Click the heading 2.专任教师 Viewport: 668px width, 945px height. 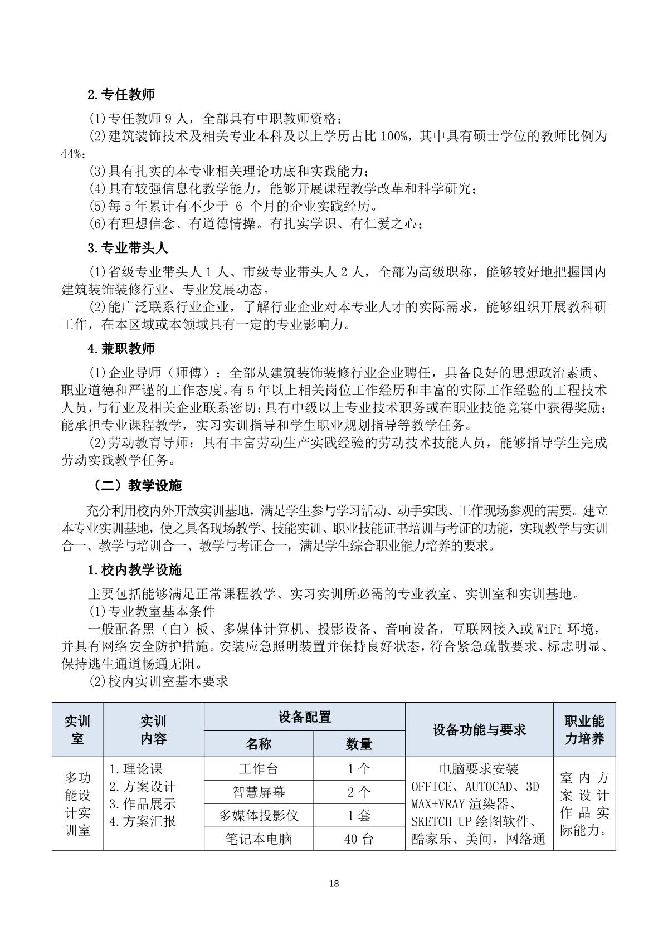point(121,95)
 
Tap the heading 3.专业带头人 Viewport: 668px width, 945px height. point(128,247)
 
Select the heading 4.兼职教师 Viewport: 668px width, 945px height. point(121,349)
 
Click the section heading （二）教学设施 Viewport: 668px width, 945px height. point(137,486)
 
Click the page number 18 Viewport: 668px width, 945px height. point(334,883)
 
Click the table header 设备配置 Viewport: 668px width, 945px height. point(304,717)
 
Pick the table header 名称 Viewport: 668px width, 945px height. point(259,744)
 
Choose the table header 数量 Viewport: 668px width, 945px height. point(359,744)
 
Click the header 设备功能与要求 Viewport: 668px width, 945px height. point(479,729)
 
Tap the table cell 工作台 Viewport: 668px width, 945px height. point(259,769)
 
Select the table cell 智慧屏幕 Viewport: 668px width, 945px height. point(259,792)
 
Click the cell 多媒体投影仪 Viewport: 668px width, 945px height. point(259,816)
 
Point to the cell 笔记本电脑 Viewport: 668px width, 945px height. point(259,839)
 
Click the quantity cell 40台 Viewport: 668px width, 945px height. point(359,839)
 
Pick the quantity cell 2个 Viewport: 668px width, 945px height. point(359,792)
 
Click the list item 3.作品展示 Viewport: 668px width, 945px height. point(142,804)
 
